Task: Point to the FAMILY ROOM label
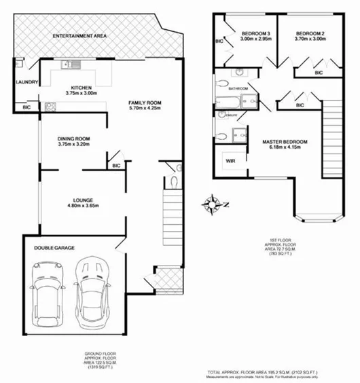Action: [x=145, y=102]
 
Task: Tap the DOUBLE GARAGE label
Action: [x=54, y=248]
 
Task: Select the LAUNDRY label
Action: [x=26, y=83]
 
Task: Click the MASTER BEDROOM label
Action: [x=285, y=141]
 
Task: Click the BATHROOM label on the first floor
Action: [x=238, y=89]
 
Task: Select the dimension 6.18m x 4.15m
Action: [x=285, y=148]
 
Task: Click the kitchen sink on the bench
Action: [x=68, y=66]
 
